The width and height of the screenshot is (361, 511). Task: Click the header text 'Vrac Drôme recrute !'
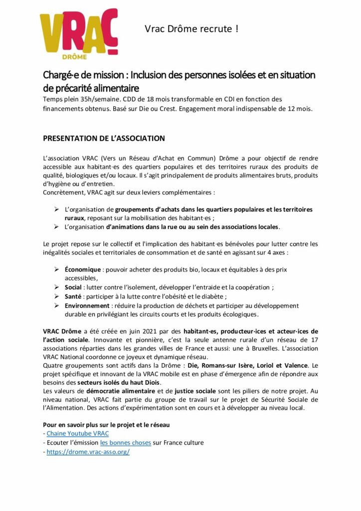coord(191,29)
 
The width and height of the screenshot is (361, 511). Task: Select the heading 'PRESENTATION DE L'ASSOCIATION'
coord(104,138)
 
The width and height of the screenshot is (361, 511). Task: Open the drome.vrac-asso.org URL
coord(88,452)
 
